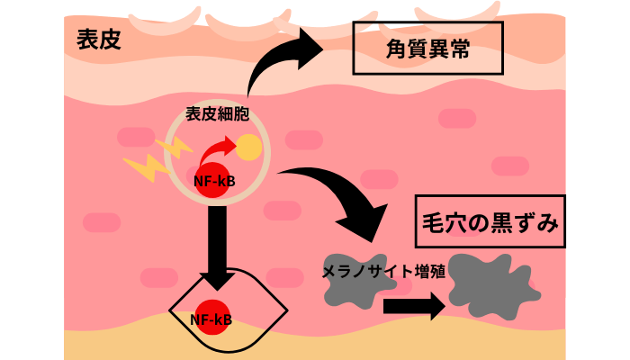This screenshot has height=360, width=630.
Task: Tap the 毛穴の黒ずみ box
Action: [x=490, y=221]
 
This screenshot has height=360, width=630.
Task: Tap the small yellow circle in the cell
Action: [x=249, y=147]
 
